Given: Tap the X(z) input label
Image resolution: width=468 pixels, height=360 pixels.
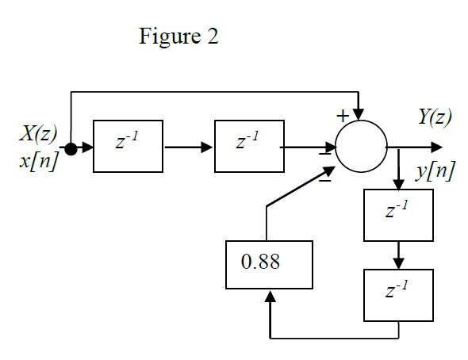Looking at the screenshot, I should tap(38, 133).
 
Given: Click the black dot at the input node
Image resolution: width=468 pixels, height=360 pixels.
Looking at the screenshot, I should tap(71, 148).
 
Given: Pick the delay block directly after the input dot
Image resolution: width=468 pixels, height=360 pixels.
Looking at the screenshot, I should tap(128, 146).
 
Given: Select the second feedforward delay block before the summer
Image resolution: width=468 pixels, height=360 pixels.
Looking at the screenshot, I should tap(249, 146).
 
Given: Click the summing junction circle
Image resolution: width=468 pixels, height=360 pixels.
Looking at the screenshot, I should tap(361, 147).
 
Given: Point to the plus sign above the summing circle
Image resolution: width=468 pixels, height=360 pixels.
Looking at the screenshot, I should tap(343, 116).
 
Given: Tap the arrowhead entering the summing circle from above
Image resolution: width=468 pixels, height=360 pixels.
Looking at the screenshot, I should tap(361, 117).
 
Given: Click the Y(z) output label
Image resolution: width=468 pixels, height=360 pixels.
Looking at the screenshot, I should tap(435, 117).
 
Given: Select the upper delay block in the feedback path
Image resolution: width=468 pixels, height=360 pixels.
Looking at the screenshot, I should tap(399, 215).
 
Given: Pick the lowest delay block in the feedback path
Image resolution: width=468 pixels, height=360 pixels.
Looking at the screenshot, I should tap(399, 295).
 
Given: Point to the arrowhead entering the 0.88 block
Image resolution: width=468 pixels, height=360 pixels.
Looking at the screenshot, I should tap(270, 297).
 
